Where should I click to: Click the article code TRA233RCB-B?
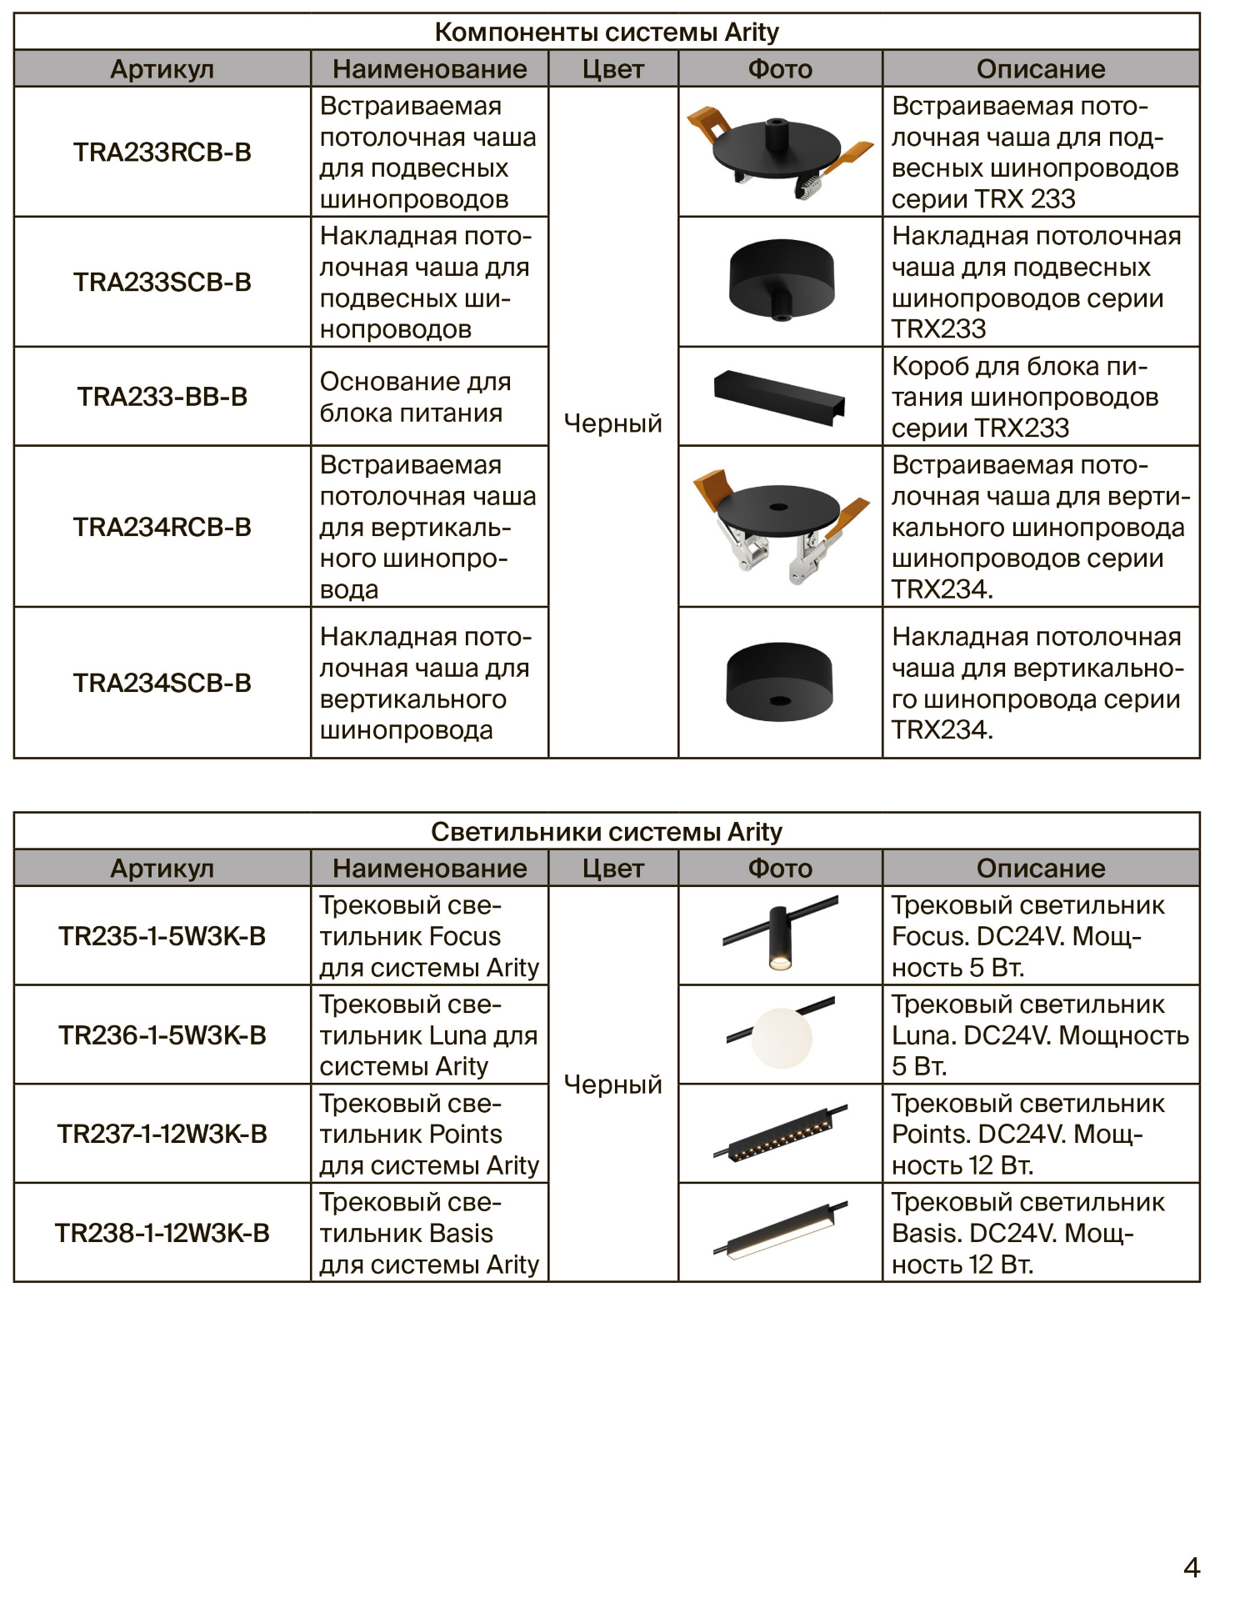click(162, 153)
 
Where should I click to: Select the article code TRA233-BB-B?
click(162, 397)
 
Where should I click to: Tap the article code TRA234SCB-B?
click(162, 684)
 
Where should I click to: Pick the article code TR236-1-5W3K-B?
click(162, 1035)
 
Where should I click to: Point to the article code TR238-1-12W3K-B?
click(162, 1233)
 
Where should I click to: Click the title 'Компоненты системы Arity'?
click(607, 32)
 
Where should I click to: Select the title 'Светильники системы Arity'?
click(607, 831)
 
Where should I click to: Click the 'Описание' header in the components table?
click(1041, 68)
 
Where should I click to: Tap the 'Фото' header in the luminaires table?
click(780, 868)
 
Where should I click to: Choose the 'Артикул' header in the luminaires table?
click(162, 868)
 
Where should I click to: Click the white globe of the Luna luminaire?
click(781, 1038)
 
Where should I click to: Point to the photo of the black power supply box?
click(780, 397)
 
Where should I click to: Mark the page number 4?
click(1192, 1567)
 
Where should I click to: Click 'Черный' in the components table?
click(612, 423)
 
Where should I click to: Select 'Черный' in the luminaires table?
click(612, 1085)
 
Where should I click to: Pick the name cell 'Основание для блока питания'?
click(415, 397)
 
